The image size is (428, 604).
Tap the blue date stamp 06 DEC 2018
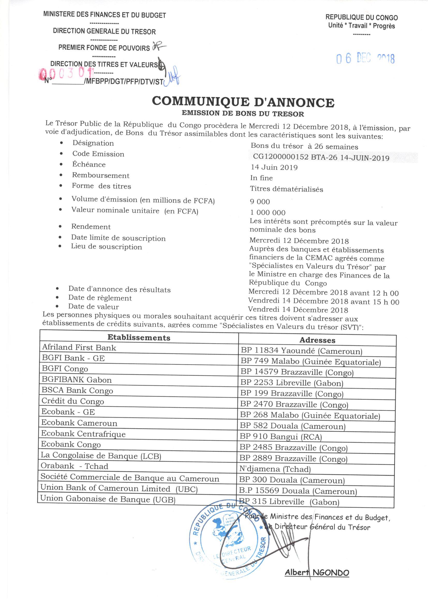[x=365, y=59]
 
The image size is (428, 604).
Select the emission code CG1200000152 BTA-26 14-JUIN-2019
[x=321, y=158]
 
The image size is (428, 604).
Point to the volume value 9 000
[x=260, y=202]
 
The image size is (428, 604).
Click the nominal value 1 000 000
[x=268, y=213]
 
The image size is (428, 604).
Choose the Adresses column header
[x=317, y=340]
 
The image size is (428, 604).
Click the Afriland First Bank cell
[x=79, y=348]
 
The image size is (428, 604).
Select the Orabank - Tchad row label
[x=74, y=466]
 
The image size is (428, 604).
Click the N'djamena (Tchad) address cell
[x=275, y=469]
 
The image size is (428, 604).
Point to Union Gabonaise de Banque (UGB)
[x=108, y=499]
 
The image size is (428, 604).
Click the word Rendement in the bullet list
[x=91, y=227]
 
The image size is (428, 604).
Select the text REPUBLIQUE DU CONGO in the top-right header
[x=361, y=18]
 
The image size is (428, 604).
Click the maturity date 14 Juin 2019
[x=274, y=167]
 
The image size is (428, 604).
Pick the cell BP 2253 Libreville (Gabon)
[x=292, y=383]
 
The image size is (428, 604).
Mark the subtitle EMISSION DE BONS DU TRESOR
[x=243, y=114]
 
